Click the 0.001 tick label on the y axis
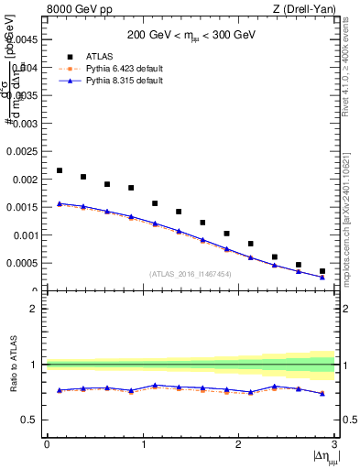[x=27, y=235]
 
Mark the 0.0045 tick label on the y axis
[x=25, y=39]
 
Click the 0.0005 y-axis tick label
[x=25, y=264]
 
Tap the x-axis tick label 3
[x=334, y=444]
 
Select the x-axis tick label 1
[x=143, y=444]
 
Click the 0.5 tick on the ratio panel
[x=33, y=420]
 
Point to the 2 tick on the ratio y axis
[x=38, y=309]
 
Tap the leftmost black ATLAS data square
[x=60, y=170]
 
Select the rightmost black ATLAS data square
[x=322, y=271]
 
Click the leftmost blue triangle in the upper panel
[x=60, y=203]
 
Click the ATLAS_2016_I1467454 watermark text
[x=191, y=273]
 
